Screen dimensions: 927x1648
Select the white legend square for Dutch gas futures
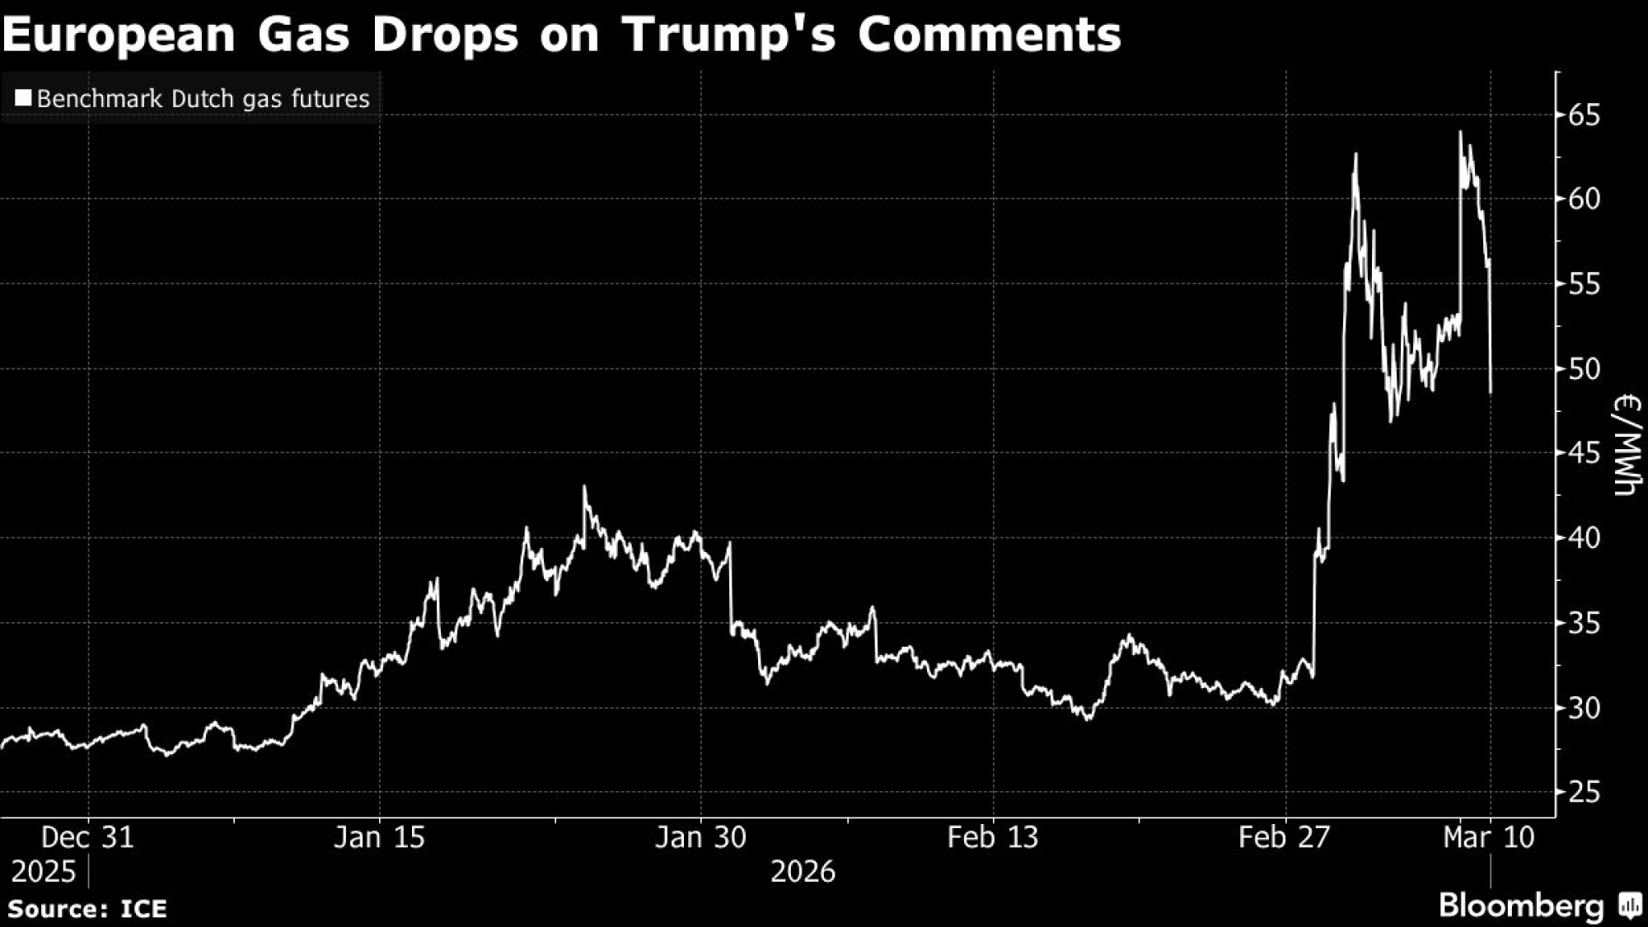pos(23,99)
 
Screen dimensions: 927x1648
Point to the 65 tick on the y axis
pos(1584,115)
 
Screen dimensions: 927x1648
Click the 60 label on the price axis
pos(1584,199)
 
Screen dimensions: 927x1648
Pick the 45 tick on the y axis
pos(1584,452)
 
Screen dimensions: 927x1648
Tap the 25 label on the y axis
pos(1584,792)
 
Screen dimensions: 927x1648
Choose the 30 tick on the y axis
pos(1584,707)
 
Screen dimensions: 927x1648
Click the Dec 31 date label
pos(87,837)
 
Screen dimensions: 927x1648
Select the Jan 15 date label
pos(379,837)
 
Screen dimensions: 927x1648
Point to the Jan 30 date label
pos(700,837)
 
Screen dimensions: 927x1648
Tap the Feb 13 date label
pos(993,837)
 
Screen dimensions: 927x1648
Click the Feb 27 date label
pos(1285,837)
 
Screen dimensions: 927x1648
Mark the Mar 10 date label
pos(1490,837)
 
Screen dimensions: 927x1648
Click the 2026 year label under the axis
pos(803,871)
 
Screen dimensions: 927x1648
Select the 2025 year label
pos(43,871)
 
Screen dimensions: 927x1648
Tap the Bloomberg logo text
pos(1521,906)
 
